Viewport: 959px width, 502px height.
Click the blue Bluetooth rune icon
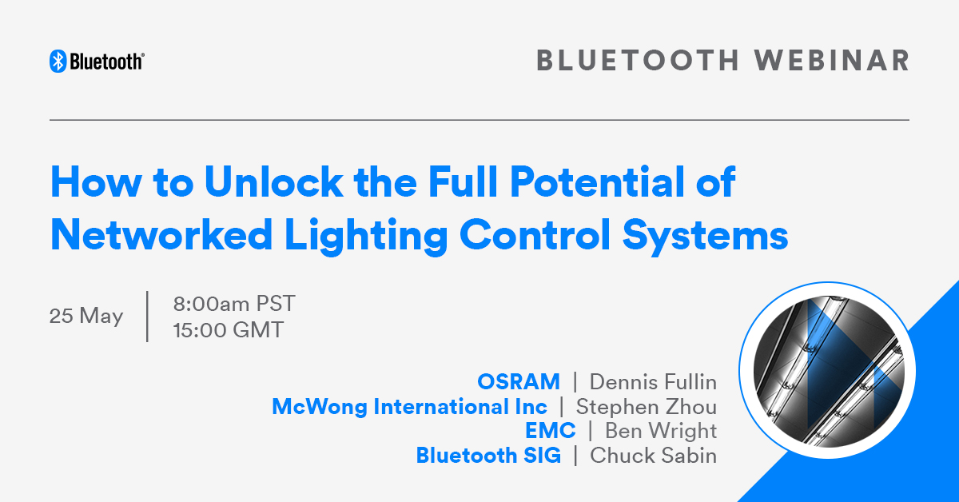58,61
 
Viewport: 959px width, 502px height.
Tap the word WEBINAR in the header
831,61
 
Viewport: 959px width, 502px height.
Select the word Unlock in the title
273,182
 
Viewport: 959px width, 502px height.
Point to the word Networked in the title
161,235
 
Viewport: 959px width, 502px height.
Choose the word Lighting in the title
366,237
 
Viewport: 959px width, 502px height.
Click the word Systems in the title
705,237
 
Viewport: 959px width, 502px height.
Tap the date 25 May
86,317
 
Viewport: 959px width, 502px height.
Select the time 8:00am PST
234,304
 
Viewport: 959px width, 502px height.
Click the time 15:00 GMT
229,330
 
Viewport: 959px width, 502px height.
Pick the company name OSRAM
519,381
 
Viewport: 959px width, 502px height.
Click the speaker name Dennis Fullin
654,381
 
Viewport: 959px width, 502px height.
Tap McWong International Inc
410,407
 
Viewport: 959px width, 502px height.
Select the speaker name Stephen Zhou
647,407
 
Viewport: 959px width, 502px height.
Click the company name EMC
550,431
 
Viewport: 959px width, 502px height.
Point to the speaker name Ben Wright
661,432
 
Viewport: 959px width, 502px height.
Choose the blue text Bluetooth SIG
488,456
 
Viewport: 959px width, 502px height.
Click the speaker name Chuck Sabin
654,456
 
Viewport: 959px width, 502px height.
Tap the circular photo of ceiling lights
828,370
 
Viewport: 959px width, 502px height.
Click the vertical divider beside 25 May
147,317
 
